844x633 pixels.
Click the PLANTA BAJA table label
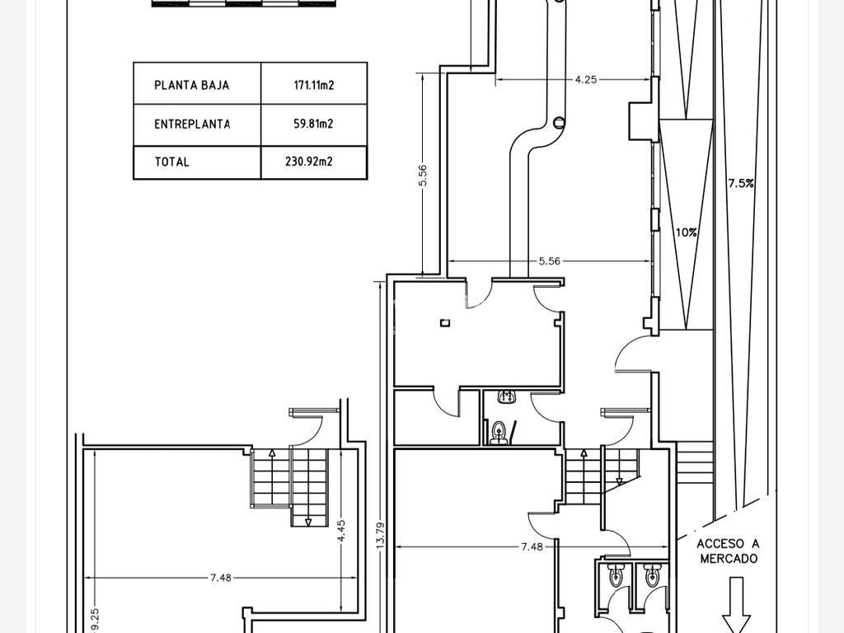point(191,85)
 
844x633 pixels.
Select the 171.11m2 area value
point(314,85)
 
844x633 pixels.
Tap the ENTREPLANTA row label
point(192,124)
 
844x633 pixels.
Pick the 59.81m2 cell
point(313,124)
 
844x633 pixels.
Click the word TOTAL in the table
point(171,162)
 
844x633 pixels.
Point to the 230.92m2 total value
point(309,162)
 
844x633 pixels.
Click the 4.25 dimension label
point(586,80)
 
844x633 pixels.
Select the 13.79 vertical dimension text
point(380,536)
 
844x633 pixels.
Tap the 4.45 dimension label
point(341,532)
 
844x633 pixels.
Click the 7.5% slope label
point(741,184)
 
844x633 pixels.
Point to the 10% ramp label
point(687,232)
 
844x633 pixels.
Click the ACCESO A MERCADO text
point(729,551)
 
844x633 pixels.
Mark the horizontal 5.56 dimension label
point(549,261)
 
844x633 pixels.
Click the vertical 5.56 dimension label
point(423,175)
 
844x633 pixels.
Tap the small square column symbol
point(444,323)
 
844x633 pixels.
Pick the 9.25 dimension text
point(95,621)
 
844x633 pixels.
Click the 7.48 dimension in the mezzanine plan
point(220,578)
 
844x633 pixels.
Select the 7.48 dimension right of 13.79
point(532,547)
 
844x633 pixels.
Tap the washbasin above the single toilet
point(505,397)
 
